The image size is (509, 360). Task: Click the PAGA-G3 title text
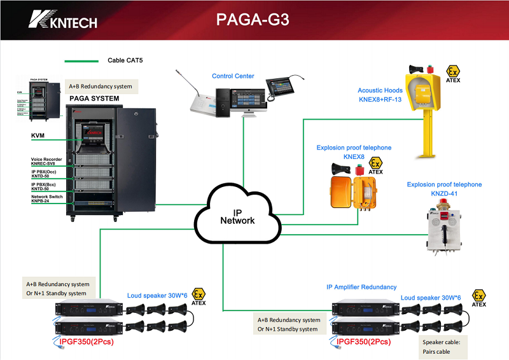(253, 20)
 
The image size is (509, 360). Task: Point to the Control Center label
(233, 76)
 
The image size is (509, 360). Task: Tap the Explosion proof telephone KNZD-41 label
(444, 189)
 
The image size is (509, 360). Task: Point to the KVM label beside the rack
(38, 136)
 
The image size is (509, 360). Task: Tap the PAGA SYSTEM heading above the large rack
(94, 99)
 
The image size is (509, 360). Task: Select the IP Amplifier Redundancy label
(361, 287)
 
